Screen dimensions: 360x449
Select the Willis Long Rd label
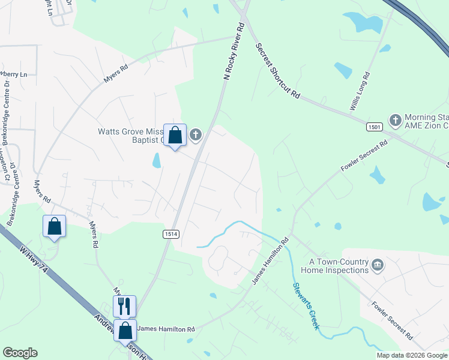coord(360,91)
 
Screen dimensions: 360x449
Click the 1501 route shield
coord(375,127)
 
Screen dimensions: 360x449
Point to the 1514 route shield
coord(170,232)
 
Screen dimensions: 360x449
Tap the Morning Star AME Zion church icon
coord(395,121)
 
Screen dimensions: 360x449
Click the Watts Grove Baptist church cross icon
coord(196,136)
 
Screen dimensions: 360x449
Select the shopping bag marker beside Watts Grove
coord(175,136)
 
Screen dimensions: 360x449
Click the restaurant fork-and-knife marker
coord(124,306)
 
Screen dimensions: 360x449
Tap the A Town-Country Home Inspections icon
coord(378,265)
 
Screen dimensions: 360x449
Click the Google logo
coord(20,353)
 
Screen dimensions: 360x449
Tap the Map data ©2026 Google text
coord(411,355)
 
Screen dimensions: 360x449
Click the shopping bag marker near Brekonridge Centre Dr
coord(54,227)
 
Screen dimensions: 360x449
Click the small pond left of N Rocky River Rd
coord(157,160)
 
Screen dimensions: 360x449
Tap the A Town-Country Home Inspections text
coord(339,266)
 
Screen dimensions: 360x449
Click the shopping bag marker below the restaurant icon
coord(125,331)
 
